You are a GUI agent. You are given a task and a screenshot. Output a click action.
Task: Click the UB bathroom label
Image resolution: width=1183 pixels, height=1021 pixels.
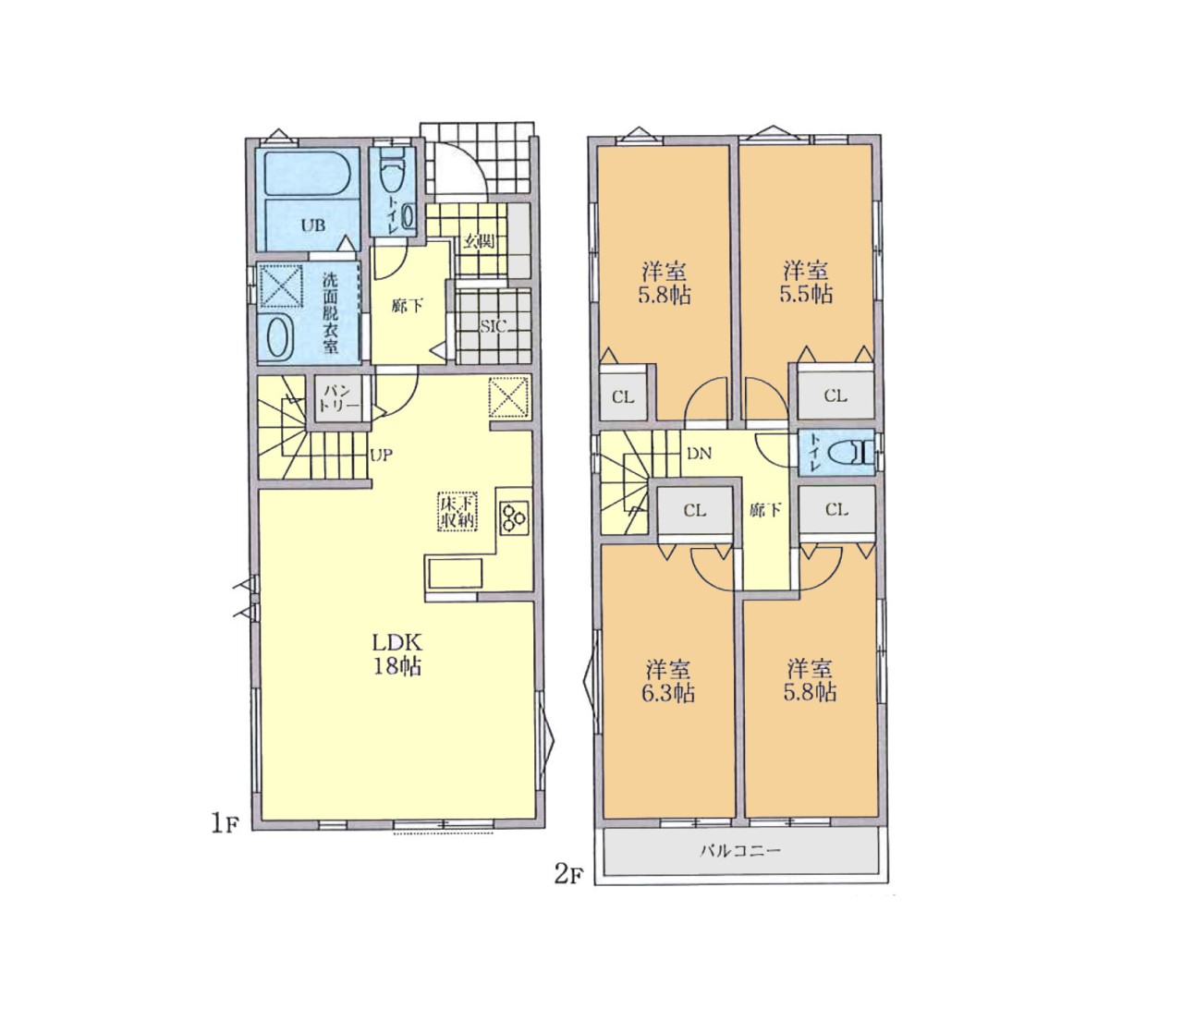(x=313, y=225)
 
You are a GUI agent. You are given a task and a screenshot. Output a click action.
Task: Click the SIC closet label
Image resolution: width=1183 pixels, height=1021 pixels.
(x=493, y=327)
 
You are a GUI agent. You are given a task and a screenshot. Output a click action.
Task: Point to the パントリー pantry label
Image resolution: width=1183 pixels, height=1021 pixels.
(x=338, y=399)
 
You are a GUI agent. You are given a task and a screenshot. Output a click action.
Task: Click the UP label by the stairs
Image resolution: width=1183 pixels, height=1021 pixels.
(x=381, y=455)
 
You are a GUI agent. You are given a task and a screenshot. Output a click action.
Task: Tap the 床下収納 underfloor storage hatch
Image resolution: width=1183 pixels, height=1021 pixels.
(x=458, y=512)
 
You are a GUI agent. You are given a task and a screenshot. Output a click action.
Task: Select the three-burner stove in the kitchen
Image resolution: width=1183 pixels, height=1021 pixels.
(x=515, y=518)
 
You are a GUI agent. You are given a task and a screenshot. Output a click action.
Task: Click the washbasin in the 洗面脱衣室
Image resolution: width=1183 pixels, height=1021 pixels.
(x=276, y=337)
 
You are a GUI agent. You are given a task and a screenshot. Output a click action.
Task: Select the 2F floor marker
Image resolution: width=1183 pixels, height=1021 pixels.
(x=568, y=874)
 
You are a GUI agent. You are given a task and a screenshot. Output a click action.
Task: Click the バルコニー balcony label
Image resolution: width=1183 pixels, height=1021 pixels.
(x=740, y=850)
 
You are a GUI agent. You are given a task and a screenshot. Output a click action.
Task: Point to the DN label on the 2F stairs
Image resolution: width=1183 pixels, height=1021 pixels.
(x=699, y=454)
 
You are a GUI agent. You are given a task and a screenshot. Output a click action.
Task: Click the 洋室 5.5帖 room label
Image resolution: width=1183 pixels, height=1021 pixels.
(x=806, y=282)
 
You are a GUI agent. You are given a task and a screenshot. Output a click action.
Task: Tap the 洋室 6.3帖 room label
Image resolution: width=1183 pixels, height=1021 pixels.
(x=668, y=681)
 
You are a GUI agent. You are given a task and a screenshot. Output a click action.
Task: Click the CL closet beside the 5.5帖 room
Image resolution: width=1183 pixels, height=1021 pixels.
(x=835, y=395)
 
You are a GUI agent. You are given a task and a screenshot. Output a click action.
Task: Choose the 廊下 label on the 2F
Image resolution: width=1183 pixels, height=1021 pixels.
(x=765, y=509)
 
